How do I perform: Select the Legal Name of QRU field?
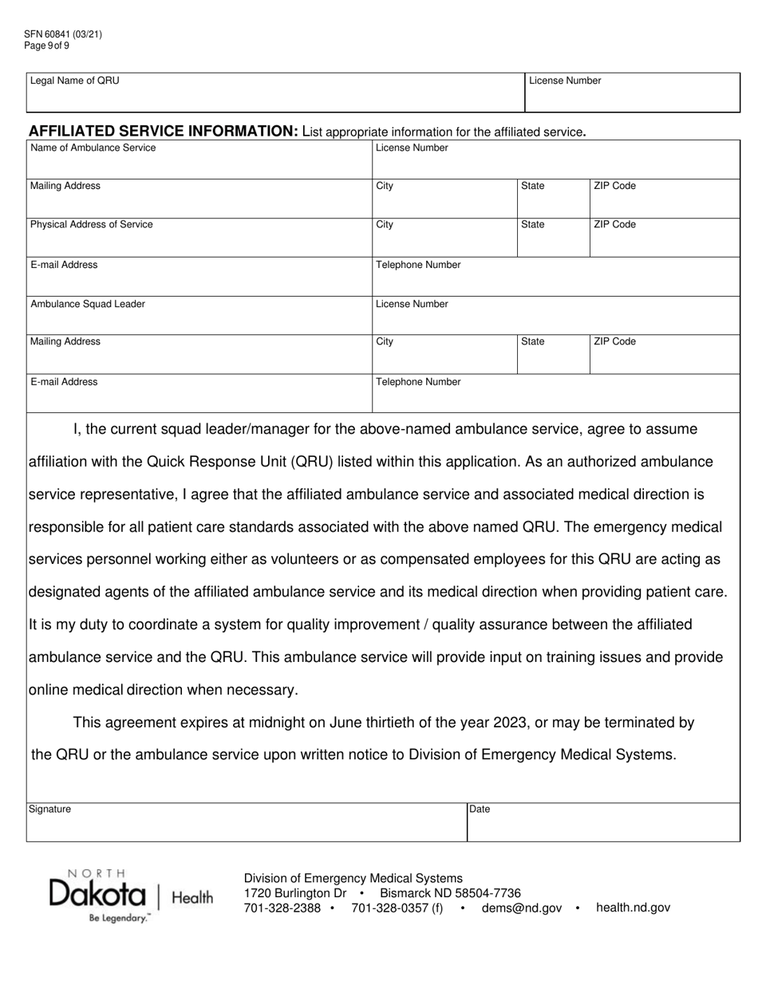(x=275, y=93)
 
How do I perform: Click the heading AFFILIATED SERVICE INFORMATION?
(x=164, y=132)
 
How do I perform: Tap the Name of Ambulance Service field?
(x=199, y=160)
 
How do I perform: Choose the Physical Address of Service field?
(x=199, y=238)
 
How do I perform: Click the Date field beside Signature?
(x=602, y=823)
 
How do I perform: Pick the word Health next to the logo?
(x=192, y=898)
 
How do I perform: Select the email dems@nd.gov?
(x=522, y=908)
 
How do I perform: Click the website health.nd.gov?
(x=633, y=908)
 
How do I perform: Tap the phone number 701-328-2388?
(x=282, y=908)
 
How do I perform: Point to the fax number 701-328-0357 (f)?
(x=397, y=908)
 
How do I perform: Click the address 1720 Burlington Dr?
(x=295, y=893)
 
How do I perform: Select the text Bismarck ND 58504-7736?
(x=450, y=893)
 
